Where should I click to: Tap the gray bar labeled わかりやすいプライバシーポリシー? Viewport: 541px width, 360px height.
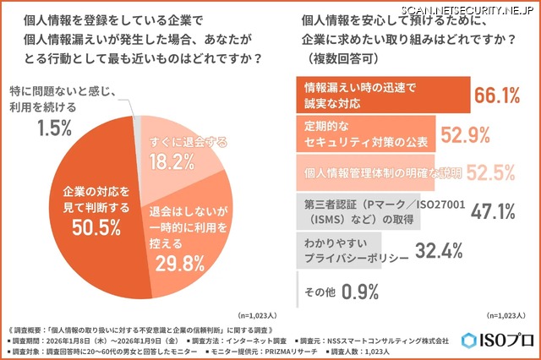pyautogui.click(x=337, y=250)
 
